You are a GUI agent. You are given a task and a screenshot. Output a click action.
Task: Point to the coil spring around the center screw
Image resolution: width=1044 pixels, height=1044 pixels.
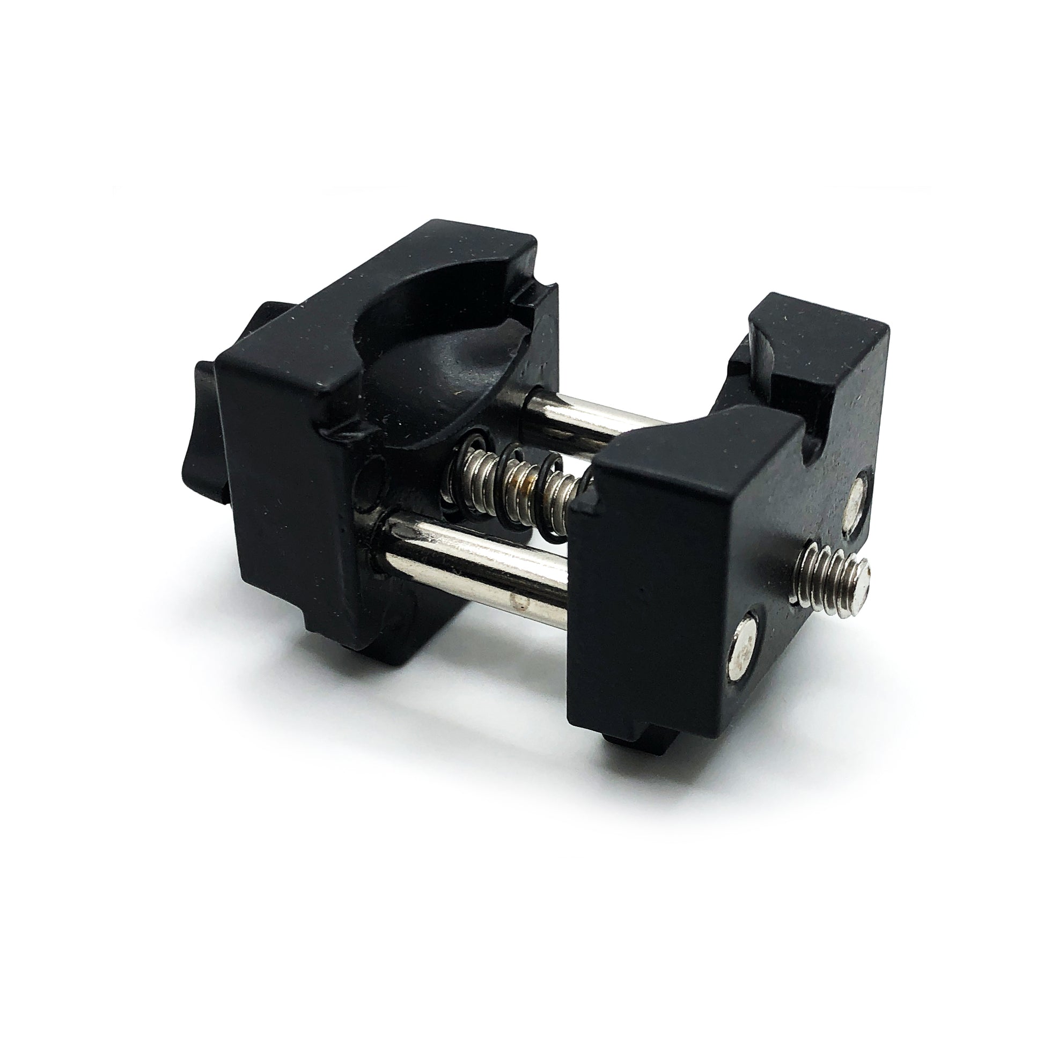tap(519, 487)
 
